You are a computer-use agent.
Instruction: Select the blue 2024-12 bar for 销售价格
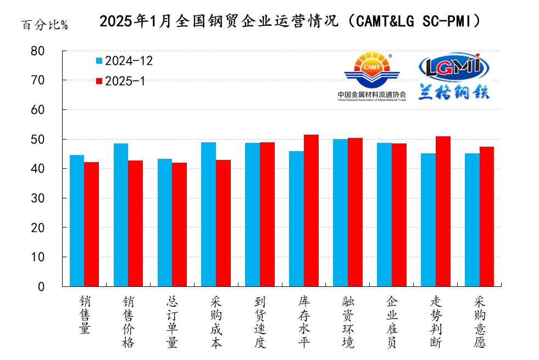click(x=121, y=215)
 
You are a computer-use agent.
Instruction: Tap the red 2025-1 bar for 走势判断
click(x=443, y=211)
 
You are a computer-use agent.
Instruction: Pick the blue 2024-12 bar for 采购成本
click(x=208, y=214)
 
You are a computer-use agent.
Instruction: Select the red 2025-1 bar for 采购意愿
click(x=487, y=217)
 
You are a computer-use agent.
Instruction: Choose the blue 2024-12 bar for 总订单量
click(x=165, y=223)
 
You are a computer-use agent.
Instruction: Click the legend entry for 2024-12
click(x=124, y=61)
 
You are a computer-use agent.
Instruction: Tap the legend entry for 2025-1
click(x=120, y=81)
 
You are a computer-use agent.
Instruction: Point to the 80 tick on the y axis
click(x=53, y=51)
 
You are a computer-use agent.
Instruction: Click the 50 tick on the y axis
click(x=53, y=139)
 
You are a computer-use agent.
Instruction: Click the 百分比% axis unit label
click(x=45, y=25)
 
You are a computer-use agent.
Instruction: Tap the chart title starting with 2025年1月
click(x=292, y=21)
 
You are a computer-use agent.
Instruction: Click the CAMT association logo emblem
click(x=372, y=70)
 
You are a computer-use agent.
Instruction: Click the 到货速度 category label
click(x=260, y=322)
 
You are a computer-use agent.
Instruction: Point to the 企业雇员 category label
click(x=392, y=322)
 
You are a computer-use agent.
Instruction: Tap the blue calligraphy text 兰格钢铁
click(x=453, y=92)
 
